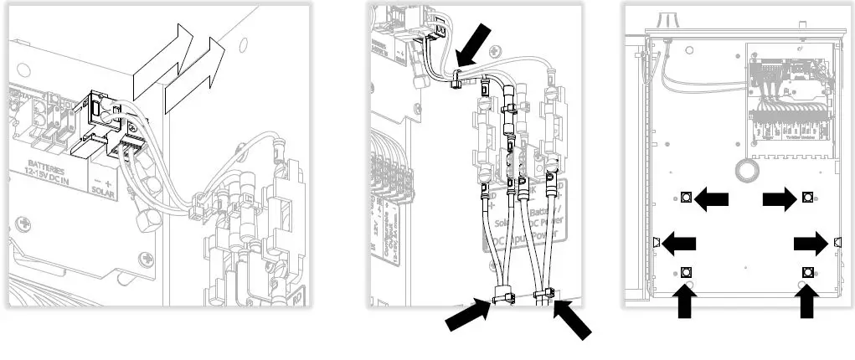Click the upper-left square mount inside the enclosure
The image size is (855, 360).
click(x=686, y=198)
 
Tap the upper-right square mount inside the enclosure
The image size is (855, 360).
click(x=808, y=198)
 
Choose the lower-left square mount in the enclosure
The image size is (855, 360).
click(x=687, y=271)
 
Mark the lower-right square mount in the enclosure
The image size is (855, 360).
click(x=808, y=271)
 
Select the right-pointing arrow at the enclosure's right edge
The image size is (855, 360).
click(x=811, y=243)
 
